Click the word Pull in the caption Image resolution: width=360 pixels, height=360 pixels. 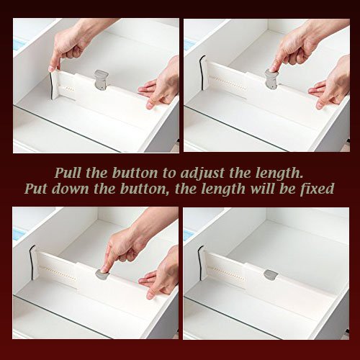pos(68,174)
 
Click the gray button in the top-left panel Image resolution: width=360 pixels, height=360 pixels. pos(102,78)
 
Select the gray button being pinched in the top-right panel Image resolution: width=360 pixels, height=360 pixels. pos(271,77)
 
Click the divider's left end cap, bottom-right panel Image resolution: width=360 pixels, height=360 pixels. pos(204,263)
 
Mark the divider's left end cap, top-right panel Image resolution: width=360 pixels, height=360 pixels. pos(204,72)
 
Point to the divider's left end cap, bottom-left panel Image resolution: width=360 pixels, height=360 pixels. pos(34,264)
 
